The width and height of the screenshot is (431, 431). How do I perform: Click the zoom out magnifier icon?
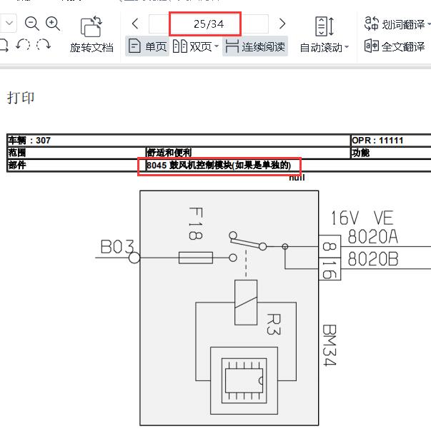32,24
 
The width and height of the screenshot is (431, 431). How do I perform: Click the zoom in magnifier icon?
53,24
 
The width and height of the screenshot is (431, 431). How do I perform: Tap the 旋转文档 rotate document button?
91,34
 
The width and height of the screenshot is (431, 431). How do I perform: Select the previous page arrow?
135,24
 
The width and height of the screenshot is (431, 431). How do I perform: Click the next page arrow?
282,24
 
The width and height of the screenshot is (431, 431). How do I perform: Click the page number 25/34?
209,24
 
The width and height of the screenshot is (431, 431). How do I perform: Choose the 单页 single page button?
147,46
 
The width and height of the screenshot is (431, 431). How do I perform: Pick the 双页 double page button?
196,46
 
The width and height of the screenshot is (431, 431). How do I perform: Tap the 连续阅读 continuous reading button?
255,46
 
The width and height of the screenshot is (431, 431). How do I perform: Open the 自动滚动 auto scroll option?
325,34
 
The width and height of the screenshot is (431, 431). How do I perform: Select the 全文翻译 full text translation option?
395,46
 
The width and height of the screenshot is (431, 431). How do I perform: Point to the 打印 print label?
21,98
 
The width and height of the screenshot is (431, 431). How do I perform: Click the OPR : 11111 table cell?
391,141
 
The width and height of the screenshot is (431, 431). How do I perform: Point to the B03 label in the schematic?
117,247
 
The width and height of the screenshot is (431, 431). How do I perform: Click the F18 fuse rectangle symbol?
196,258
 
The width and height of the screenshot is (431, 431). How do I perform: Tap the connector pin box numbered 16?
330,269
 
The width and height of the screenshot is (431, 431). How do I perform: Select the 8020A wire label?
373,237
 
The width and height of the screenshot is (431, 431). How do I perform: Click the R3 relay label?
274,325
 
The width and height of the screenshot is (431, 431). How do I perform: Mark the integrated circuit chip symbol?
244,381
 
